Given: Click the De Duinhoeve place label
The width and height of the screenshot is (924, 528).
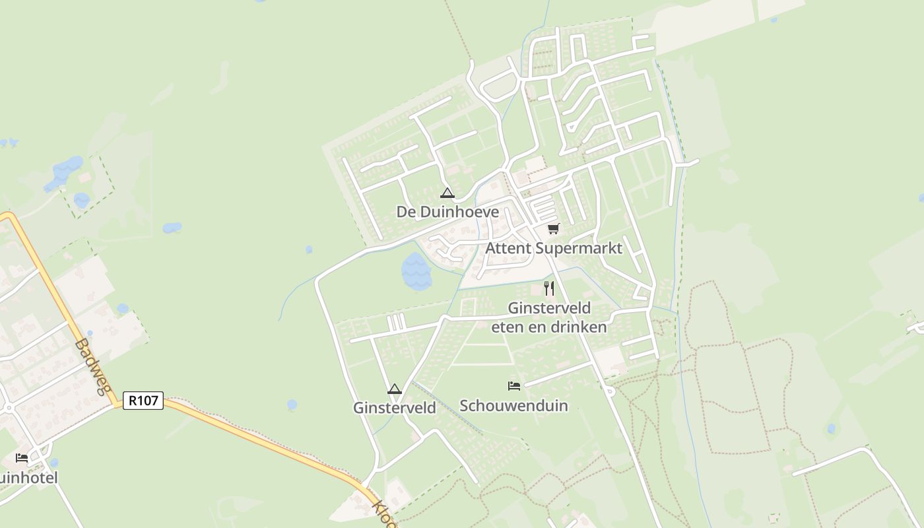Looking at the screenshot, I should tap(447, 212).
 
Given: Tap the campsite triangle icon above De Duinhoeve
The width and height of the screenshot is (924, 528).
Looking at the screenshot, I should tap(447, 193).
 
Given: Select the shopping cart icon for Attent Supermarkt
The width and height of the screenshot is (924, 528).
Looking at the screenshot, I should tap(553, 229).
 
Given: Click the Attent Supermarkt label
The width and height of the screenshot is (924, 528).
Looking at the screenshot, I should tap(554, 248).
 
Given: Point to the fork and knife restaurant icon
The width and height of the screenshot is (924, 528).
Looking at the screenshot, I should tap(548, 288).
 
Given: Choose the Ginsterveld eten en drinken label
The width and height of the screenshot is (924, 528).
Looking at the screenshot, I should tap(549, 317).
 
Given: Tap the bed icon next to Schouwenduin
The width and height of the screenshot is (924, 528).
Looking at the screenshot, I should tap(514, 386).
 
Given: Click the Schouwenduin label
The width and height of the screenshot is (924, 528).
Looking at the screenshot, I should tap(513, 405).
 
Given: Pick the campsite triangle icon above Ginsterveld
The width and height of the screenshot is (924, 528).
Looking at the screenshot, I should tap(395, 389).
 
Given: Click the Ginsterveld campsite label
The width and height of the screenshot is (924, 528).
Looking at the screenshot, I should tap(395, 408).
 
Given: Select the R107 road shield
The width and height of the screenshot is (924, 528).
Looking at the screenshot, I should tap(143, 400).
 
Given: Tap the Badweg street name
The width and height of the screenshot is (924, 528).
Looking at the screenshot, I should tap(92, 366).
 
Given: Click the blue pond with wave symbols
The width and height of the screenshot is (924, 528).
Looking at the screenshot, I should tap(416, 271).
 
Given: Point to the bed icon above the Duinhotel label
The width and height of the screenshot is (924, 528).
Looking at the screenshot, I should tap(22, 458).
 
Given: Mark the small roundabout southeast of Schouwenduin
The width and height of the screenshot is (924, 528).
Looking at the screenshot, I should tap(609, 391).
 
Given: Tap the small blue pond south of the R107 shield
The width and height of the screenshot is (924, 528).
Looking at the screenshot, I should tap(292, 405).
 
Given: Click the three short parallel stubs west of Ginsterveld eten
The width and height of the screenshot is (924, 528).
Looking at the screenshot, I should tap(395, 322).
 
